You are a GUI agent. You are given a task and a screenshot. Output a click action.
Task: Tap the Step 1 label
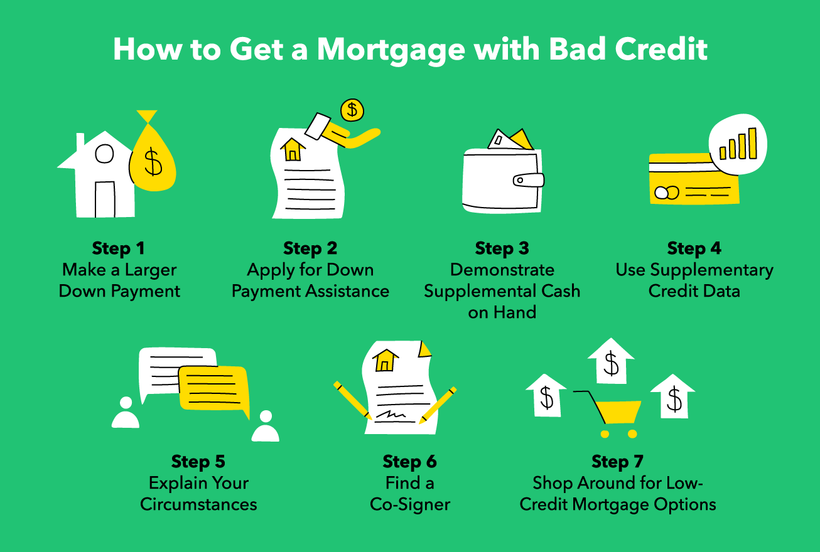119,248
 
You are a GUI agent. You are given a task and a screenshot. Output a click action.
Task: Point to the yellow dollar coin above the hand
352,110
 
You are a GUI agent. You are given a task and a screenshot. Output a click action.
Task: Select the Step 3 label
502,248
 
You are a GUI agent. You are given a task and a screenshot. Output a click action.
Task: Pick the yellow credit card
691,182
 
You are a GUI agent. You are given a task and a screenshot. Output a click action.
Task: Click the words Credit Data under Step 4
694,291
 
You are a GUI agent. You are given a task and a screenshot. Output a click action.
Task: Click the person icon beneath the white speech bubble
126,413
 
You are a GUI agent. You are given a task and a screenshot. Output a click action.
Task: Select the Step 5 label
198,462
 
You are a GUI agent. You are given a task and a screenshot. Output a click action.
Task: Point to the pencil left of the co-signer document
353,400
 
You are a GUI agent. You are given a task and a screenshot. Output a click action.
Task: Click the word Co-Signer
410,504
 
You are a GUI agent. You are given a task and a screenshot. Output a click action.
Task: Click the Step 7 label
618,462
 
